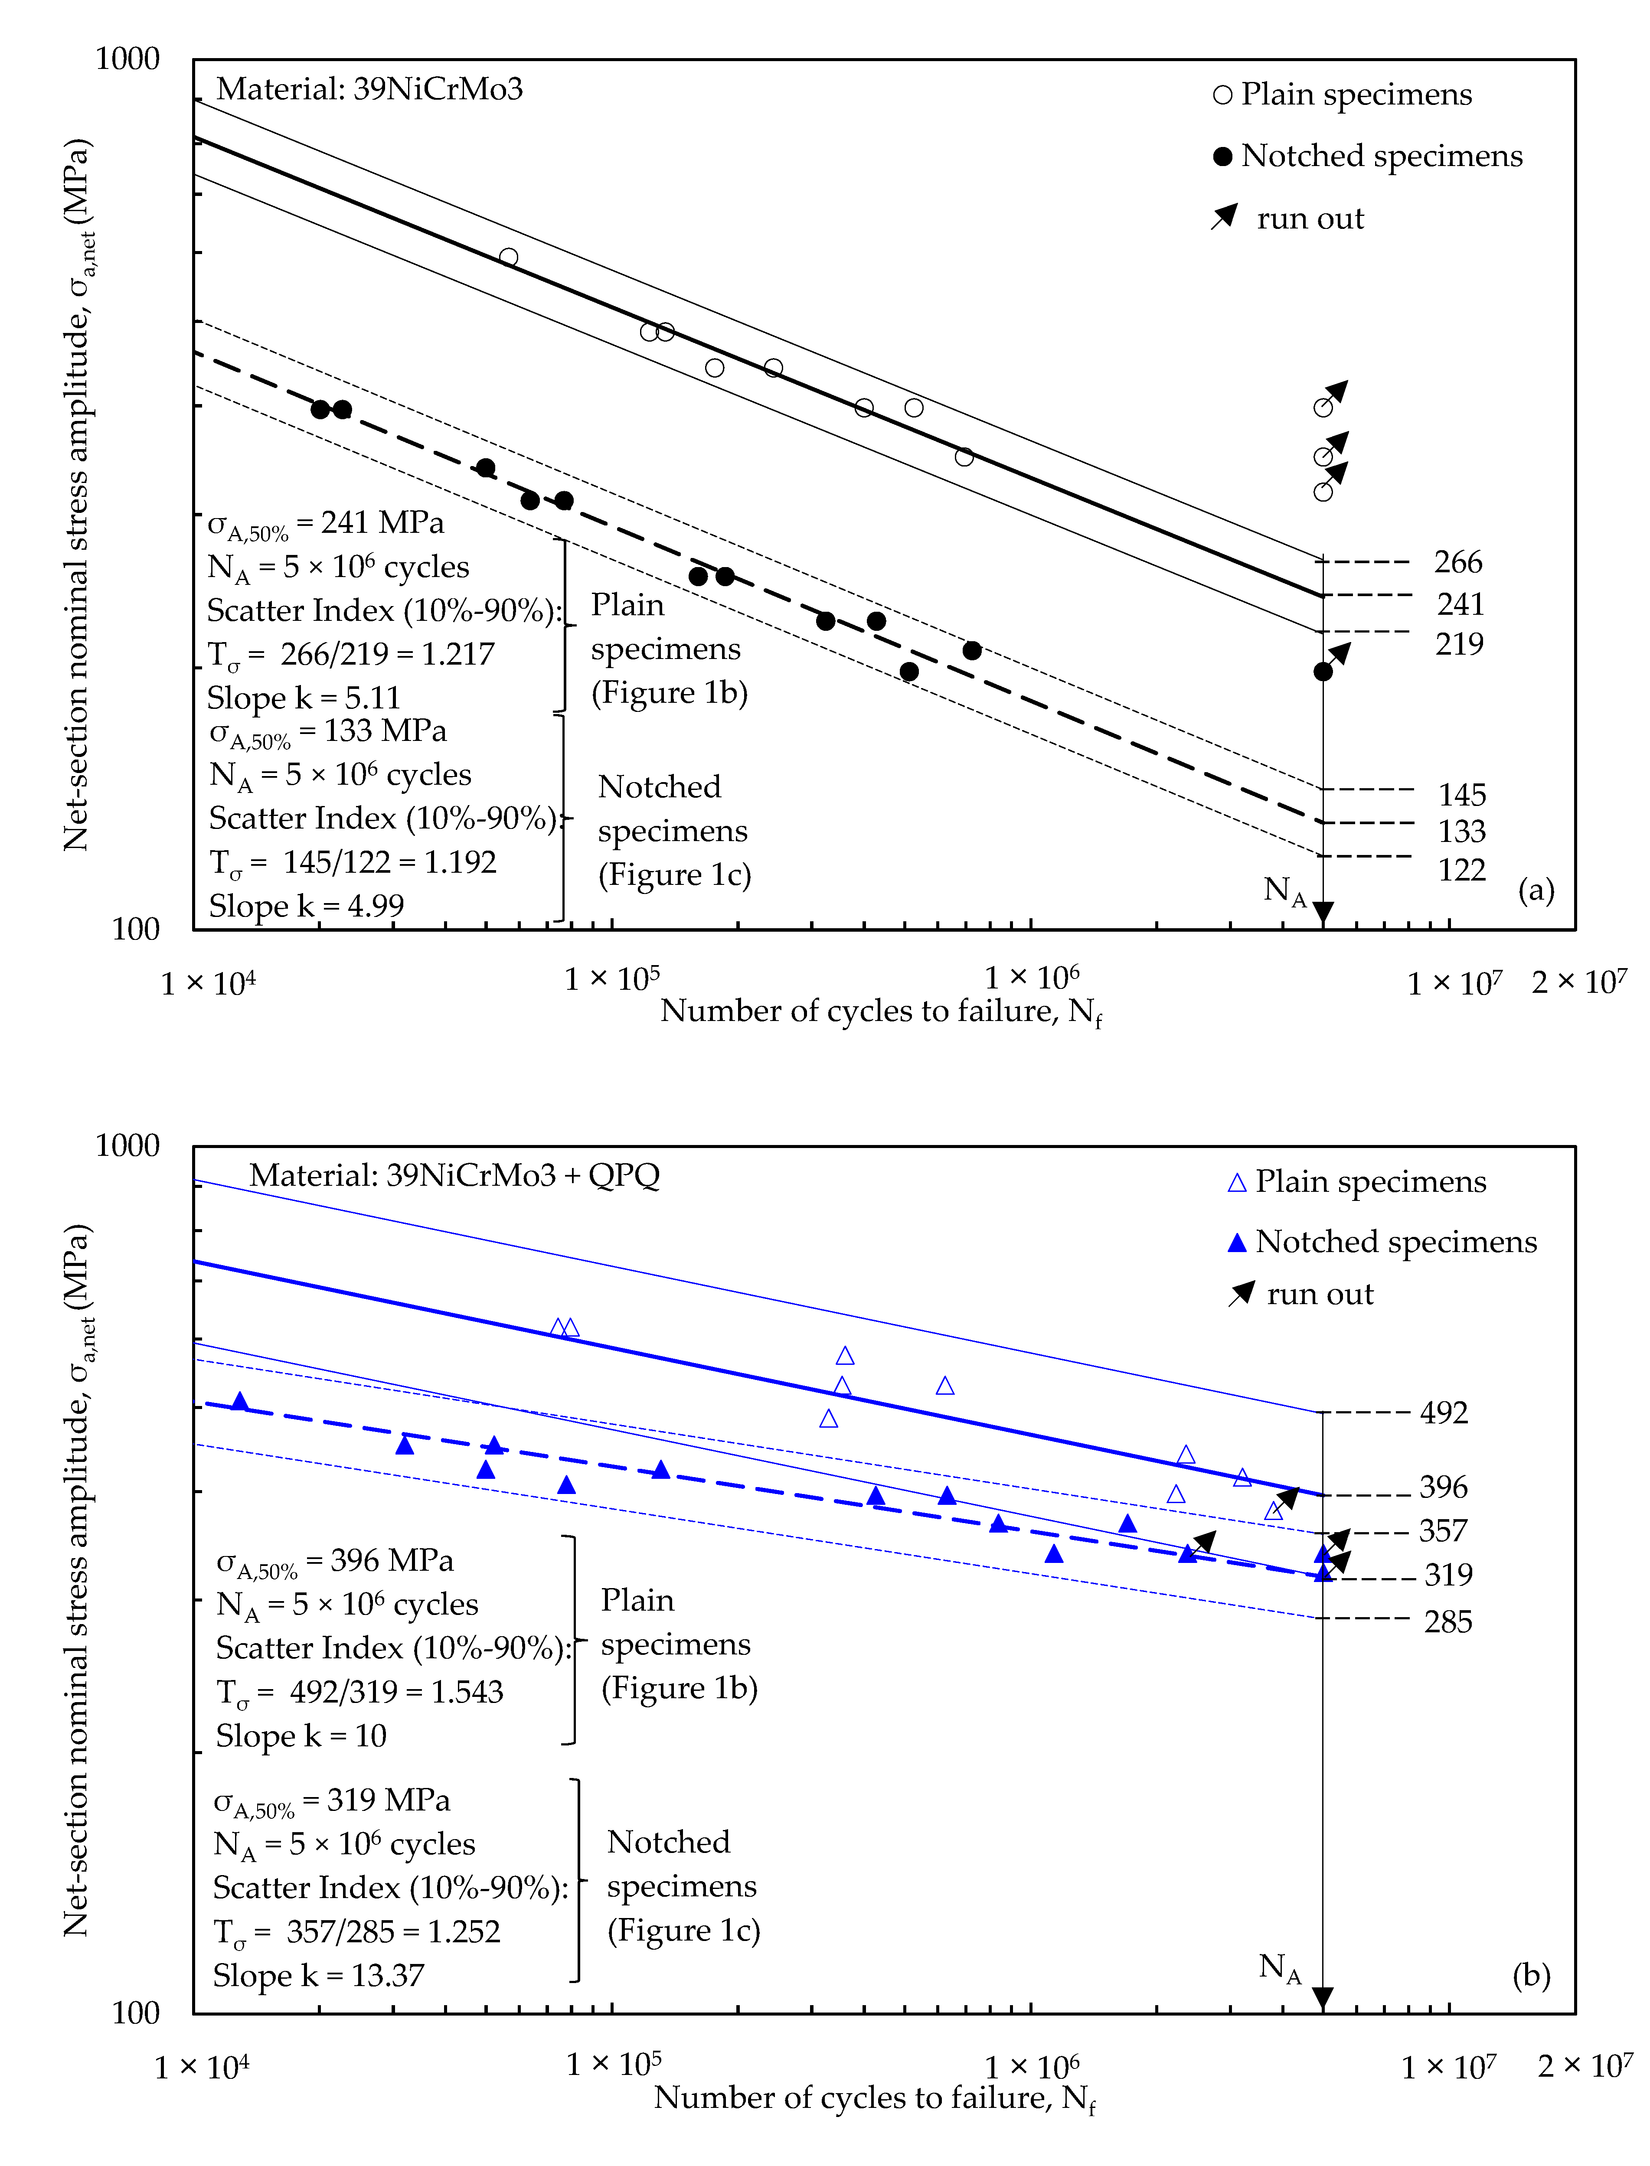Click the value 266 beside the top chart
(1457, 563)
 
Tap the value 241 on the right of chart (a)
(1460, 604)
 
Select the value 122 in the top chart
(1461, 870)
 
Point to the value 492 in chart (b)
(1444, 1413)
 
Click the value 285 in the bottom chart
(1447, 1622)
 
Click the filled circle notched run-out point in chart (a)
(1323, 672)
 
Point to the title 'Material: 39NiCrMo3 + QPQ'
(454, 1175)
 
